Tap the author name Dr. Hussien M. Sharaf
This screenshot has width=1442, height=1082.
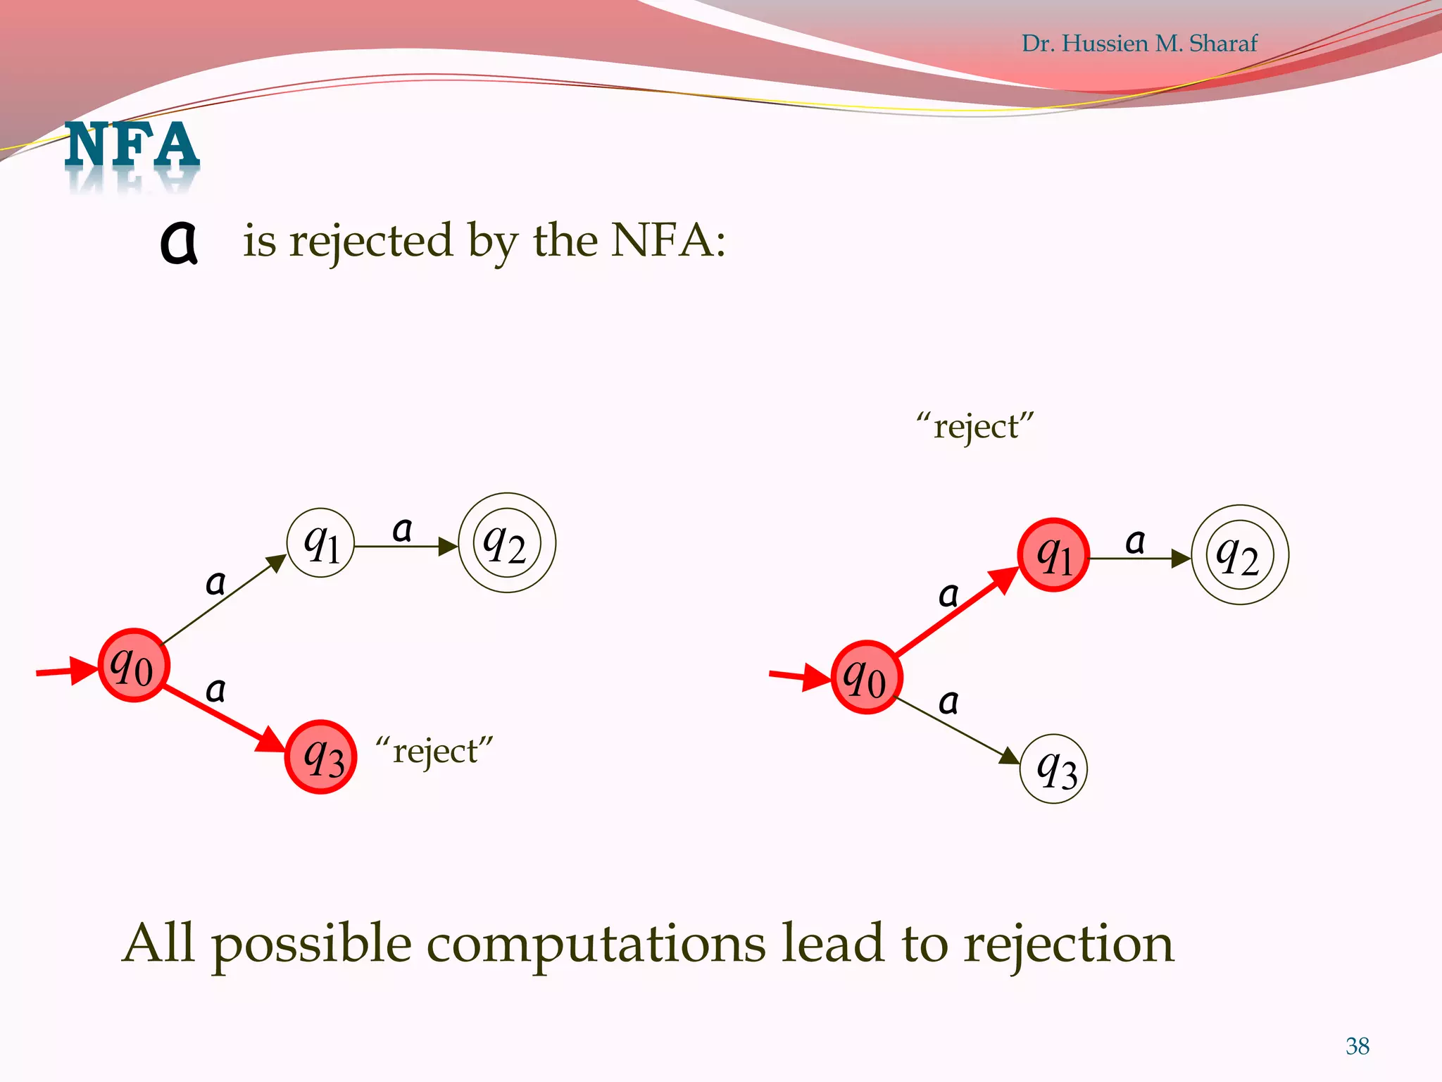tap(1139, 44)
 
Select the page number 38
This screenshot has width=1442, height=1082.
tap(1357, 1046)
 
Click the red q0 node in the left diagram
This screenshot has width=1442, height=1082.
tap(133, 665)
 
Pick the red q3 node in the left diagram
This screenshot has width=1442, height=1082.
tap(321, 757)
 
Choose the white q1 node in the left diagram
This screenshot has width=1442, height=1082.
tap(320, 543)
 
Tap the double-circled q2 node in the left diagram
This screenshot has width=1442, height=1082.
tap(507, 543)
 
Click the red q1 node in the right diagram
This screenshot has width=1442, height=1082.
tap(1053, 555)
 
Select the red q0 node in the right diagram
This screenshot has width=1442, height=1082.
tap(866, 678)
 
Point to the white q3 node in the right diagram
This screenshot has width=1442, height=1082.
tap(1053, 769)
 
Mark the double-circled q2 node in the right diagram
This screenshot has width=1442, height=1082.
tap(1240, 555)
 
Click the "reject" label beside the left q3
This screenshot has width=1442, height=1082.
tap(434, 751)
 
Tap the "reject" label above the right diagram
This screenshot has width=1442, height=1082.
tap(975, 426)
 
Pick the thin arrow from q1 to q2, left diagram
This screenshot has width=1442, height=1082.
tap(405, 546)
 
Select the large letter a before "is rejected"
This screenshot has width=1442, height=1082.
tap(179, 242)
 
